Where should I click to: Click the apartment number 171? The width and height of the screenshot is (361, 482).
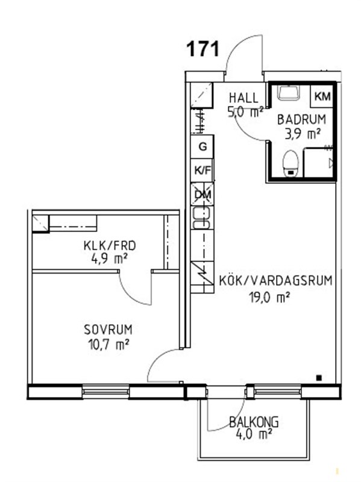point(203,49)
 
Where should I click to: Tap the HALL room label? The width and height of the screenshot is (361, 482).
point(244,98)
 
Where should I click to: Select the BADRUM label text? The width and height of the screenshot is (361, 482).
point(302,119)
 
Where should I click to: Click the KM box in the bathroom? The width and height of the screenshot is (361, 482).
point(322,96)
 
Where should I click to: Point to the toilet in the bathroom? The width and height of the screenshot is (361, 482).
point(290,163)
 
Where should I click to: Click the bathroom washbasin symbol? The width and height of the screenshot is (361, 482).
point(289,93)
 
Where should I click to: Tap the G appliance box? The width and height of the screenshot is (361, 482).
point(202,146)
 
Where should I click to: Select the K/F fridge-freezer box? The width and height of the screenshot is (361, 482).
point(202,171)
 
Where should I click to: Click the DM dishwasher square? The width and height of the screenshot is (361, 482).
point(202,194)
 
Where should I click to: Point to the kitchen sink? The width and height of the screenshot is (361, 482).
point(202,218)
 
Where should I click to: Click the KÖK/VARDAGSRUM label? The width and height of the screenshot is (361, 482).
point(276,281)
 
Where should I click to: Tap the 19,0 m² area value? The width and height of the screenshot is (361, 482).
point(269,298)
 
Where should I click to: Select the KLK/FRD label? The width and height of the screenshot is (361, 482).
point(110,246)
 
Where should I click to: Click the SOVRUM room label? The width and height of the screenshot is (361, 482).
point(108,330)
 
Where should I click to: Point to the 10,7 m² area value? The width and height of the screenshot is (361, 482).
point(108,345)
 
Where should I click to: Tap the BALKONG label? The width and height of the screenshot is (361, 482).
point(254,422)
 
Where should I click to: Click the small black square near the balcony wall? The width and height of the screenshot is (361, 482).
point(319,378)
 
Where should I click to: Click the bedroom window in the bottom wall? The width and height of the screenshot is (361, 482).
point(106,392)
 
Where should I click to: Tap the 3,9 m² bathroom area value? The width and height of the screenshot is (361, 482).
point(303,134)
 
